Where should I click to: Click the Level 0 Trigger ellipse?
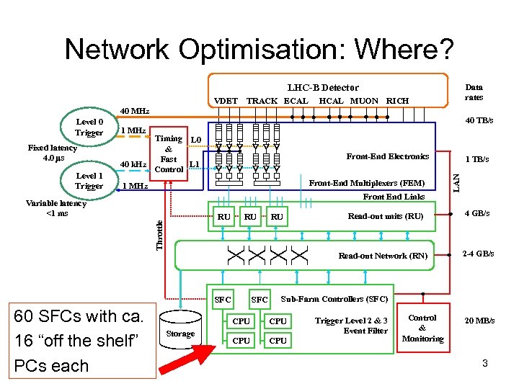coord(89,127)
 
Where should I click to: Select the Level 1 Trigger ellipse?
coord(89,180)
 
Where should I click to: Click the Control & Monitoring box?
coord(422,328)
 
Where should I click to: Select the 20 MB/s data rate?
coord(479,321)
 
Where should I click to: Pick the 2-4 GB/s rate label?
coord(479,254)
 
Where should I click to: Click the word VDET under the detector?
coord(226,101)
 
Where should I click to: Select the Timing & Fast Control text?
coord(169,154)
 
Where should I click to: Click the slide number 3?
coord(485,364)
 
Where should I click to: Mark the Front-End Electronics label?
coord(387,156)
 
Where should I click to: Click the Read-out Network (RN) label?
coord(383,256)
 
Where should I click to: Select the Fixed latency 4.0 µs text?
coord(52,153)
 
